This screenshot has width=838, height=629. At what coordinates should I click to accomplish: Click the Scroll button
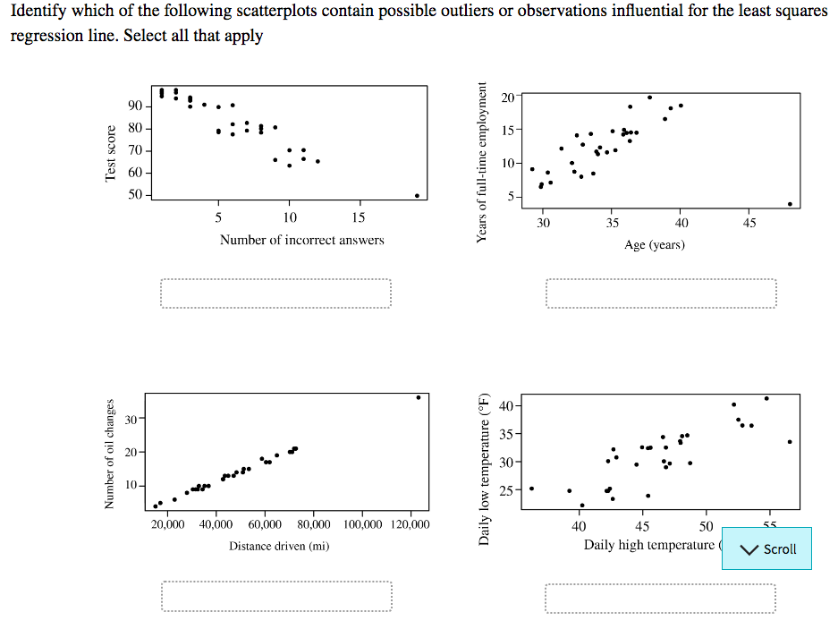766,548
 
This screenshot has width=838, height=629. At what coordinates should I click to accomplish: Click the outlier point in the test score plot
417,195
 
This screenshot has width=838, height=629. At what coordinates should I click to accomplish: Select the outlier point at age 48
790,204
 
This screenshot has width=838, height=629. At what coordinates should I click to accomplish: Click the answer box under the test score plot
276,293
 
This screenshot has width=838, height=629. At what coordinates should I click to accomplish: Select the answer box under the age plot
661,293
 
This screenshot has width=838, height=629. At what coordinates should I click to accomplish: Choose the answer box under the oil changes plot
276,597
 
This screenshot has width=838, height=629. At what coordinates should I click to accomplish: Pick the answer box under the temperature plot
661,598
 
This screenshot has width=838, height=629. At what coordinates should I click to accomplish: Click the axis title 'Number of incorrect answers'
302,240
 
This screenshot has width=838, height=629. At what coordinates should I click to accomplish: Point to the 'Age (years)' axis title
655,244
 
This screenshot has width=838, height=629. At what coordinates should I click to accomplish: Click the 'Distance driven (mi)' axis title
279,545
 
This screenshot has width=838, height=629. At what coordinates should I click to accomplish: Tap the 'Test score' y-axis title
112,154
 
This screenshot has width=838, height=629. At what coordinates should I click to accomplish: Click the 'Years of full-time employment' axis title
484,162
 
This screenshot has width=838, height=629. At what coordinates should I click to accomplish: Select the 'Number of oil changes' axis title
112,454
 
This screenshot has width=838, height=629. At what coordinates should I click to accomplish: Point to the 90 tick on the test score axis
135,106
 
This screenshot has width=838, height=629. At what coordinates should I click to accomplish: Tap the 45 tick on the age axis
749,223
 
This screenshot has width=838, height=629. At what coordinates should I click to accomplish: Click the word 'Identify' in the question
38,12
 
